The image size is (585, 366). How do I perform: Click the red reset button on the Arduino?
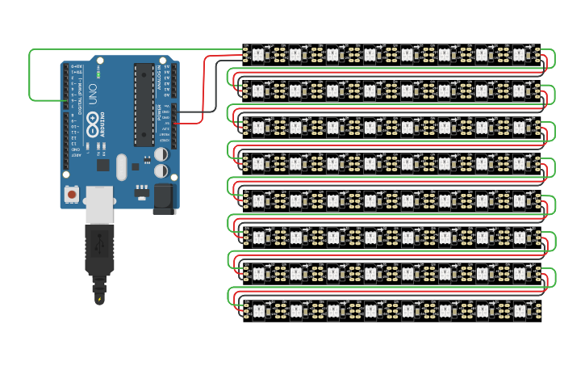click(x=72, y=195)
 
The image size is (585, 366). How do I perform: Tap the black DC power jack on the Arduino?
click(x=165, y=198)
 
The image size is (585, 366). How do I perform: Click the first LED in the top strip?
click(x=259, y=54)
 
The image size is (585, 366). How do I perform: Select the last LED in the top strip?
click(x=519, y=54)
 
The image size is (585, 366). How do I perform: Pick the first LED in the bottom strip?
click(x=259, y=309)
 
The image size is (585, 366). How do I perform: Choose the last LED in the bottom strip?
click(x=519, y=309)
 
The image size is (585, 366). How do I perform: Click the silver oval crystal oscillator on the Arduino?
click(x=121, y=167)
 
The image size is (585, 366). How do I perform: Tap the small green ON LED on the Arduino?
click(x=97, y=74)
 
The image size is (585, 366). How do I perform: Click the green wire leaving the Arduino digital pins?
click(x=31, y=77)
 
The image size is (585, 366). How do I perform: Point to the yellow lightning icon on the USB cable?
click(x=99, y=300)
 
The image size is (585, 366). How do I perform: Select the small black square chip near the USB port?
click(x=102, y=165)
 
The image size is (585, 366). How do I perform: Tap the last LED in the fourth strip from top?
click(x=519, y=163)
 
